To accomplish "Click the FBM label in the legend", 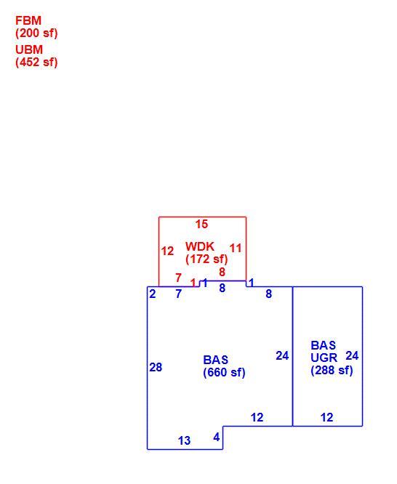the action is [28, 20].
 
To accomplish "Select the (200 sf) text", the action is [36, 33].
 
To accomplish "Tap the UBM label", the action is [29, 49].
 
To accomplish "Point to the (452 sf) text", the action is [36, 62].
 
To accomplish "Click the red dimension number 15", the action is [201, 224].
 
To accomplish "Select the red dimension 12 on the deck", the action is [167, 251].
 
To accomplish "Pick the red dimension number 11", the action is [236, 248].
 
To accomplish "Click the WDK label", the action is [200, 246].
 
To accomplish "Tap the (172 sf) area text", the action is [206, 259].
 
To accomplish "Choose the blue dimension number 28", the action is [156, 367].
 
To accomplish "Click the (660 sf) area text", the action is [224, 372].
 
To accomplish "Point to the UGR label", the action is [324, 358].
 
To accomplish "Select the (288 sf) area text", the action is [332, 370].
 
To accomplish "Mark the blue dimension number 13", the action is [185, 440].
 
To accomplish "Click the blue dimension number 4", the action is [217, 437].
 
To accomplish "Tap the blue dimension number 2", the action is [153, 294].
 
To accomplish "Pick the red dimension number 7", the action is [178, 278].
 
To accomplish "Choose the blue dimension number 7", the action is [179, 294].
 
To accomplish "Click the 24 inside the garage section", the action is [352, 356].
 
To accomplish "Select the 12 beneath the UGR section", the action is [327, 417].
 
